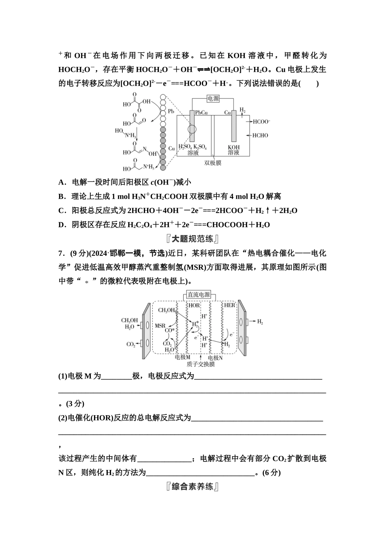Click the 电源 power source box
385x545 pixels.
(213, 99)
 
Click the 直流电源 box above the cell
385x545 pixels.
(199, 295)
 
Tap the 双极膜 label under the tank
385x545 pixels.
(213, 163)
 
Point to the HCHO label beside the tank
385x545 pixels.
(260, 135)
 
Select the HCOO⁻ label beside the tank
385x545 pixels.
(261, 121)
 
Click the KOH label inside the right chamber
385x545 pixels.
(233, 147)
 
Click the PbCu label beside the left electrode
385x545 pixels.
(201, 112)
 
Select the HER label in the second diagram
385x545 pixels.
(229, 305)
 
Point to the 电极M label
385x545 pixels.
(183, 358)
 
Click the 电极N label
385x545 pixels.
(215, 358)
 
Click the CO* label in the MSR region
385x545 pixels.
(170, 330)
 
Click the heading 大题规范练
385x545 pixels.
(192, 239)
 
